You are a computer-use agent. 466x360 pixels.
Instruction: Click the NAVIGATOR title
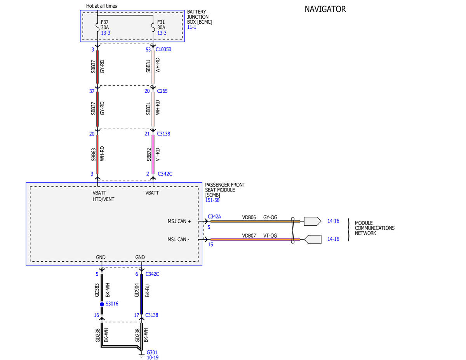325,9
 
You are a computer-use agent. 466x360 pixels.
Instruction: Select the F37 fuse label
104,22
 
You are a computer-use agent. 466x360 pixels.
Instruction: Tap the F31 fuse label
161,22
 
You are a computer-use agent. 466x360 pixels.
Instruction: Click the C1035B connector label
163,50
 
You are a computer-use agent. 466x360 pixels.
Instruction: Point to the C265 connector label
162,91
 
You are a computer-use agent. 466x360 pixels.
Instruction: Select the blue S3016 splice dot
102,304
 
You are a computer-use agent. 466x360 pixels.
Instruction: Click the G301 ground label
152,352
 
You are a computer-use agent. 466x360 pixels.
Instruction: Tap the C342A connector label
214,217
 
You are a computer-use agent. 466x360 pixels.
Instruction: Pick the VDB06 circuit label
249,217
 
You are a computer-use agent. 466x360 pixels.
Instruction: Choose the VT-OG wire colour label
270,236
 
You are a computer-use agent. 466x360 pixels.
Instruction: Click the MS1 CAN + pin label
179,221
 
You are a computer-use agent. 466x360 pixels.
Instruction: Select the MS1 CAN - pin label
178,239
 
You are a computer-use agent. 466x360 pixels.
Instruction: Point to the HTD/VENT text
103,199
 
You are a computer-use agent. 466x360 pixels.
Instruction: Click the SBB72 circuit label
149,155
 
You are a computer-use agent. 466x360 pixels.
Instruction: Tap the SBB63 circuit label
93,155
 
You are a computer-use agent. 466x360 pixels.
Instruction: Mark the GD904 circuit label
137,290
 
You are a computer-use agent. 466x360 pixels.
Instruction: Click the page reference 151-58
212,200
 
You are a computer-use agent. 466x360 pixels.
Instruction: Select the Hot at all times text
101,6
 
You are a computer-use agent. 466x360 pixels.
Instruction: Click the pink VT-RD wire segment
153,154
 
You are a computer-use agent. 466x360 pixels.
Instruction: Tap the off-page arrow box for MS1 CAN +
313,221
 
